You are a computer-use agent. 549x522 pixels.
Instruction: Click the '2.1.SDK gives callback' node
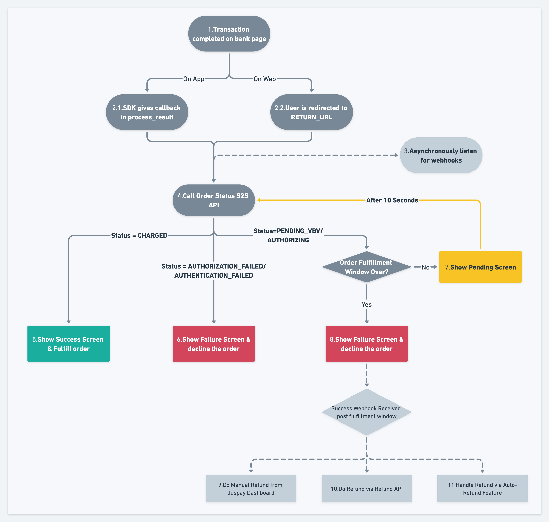(147, 112)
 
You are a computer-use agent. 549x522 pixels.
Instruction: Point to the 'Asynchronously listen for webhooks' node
(441, 155)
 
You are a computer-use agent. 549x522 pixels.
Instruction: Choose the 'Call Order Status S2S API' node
(214, 200)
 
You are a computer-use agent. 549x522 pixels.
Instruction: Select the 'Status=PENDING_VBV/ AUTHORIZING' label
(288, 235)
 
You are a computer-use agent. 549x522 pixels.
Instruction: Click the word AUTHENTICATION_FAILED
(214, 275)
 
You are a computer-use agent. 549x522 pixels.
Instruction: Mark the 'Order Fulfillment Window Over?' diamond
(367, 267)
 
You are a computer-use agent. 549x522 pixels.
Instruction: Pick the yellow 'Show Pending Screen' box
(480, 267)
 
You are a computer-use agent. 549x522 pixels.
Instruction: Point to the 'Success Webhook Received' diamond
(367, 412)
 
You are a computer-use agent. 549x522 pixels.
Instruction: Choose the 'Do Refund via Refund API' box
(367, 489)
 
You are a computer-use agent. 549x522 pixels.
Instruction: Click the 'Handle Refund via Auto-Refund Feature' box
(482, 489)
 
